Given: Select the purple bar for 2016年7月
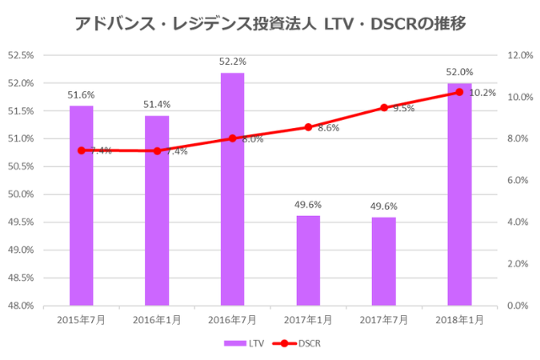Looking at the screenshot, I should tap(232, 189).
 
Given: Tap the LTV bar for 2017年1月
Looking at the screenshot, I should tap(308, 261).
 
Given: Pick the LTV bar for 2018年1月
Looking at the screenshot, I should tap(459, 194).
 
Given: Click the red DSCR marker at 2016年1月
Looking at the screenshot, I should tap(157, 151).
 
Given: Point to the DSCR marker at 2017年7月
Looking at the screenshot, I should tap(384, 108).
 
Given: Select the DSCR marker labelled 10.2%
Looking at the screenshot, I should tap(459, 92).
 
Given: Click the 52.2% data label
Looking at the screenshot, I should tap(232, 62).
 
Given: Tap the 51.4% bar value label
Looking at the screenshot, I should tap(157, 105).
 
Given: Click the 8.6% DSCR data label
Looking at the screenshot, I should tap(328, 128).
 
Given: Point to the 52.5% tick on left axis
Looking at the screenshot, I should tap(20, 56).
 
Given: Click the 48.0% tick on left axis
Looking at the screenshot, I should tap(20, 305).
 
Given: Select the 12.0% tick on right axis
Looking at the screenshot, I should tap(516, 56).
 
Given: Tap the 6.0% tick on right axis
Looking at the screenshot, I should tap(516, 180).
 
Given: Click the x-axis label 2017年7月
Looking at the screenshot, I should tap(384, 320).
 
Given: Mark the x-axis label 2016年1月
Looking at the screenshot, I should tap(157, 320).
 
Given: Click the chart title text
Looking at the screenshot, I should tap(270, 22).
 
